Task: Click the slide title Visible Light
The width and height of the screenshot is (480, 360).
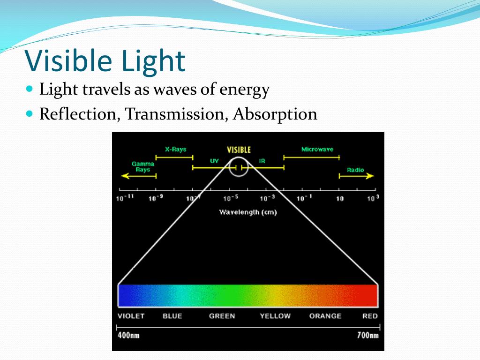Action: (x=105, y=61)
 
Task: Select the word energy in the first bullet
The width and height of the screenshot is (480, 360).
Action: (x=245, y=89)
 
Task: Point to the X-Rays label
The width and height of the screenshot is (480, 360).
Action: (x=175, y=150)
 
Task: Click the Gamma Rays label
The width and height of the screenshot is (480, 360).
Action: (x=142, y=167)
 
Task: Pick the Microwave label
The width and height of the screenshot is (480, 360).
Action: (x=317, y=150)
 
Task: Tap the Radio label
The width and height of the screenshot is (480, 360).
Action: (x=355, y=170)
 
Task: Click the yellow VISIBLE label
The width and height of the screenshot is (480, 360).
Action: (x=239, y=150)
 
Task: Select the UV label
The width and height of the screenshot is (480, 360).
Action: (x=214, y=161)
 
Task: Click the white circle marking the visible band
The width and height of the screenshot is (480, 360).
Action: (x=239, y=167)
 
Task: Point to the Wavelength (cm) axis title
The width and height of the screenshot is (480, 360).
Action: (x=247, y=212)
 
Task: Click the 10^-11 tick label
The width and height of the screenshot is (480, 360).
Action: (x=125, y=198)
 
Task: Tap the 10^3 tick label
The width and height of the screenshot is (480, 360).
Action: (x=373, y=198)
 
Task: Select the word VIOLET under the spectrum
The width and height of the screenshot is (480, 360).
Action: (x=131, y=316)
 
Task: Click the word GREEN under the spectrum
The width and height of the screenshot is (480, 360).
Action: (x=222, y=316)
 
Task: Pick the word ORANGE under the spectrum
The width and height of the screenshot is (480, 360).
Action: (x=325, y=316)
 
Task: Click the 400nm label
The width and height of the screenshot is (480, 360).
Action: (x=128, y=335)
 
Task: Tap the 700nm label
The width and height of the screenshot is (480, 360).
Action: (x=367, y=335)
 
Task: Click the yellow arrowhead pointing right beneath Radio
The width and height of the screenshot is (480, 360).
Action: (x=370, y=176)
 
